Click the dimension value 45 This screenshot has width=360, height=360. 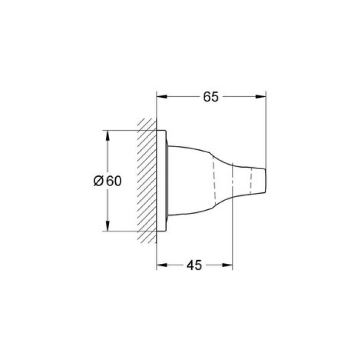pyautogui.click(x=194, y=265)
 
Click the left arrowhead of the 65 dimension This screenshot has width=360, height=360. pyautogui.click(x=160, y=97)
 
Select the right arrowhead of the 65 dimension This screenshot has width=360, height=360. pyautogui.click(x=262, y=97)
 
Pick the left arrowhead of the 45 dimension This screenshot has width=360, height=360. pyautogui.click(x=160, y=265)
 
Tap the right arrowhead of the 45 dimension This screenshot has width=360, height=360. pyautogui.click(x=229, y=265)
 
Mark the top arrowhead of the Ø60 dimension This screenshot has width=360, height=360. pyautogui.click(x=107, y=134)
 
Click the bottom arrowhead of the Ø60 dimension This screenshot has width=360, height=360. pyautogui.click(x=107, y=228)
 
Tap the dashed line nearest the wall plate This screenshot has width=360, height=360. pyautogui.click(x=212, y=181)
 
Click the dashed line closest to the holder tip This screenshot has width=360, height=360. pyautogui.click(x=251, y=181)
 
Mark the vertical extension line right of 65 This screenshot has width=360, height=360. pyautogui.click(x=265, y=129)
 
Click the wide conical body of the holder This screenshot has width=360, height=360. pyautogui.click(x=190, y=180)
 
